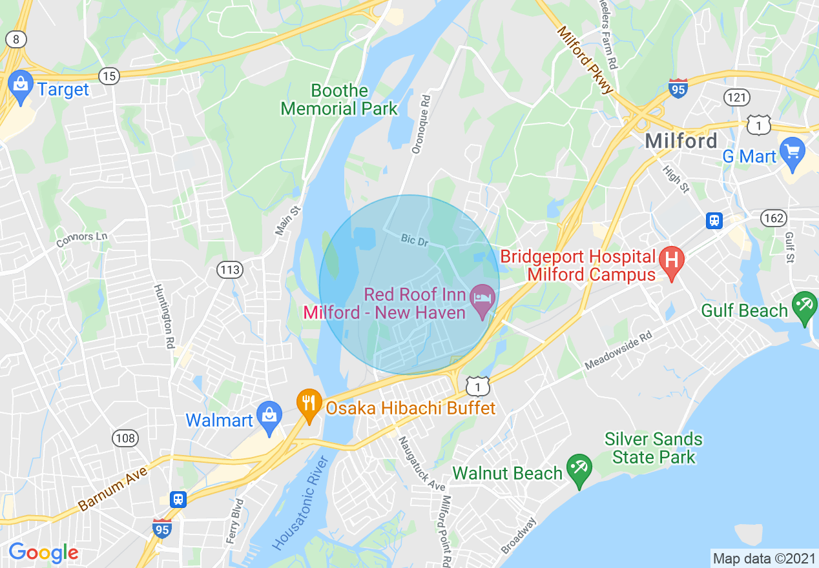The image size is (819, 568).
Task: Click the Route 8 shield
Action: click(16, 39)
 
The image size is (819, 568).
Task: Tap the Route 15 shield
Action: click(110, 76)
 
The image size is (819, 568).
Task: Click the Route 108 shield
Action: click(125, 439)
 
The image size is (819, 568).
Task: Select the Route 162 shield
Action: click(772, 217)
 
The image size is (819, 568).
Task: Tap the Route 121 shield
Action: click(738, 97)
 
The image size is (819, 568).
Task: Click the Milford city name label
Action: click(681, 140)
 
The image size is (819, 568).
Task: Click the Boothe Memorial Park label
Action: click(339, 99)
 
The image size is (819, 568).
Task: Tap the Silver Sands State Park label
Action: click(653, 448)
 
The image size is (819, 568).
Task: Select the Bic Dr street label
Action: click(414, 239)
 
